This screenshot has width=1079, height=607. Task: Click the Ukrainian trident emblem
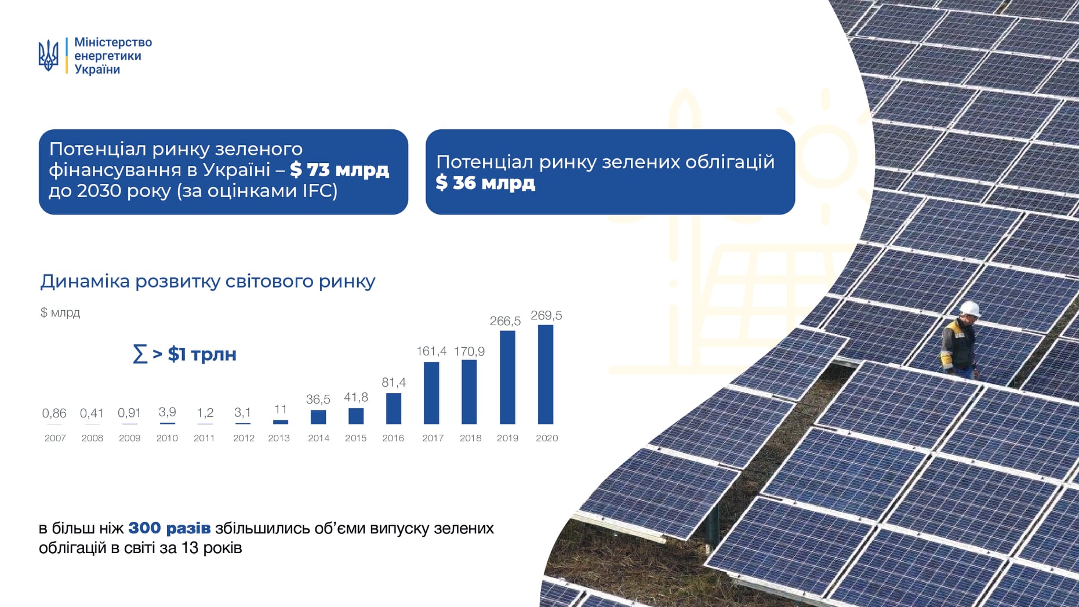[x=48, y=56]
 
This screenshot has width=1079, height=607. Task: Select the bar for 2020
[x=546, y=375]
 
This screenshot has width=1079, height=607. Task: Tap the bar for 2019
[x=507, y=377]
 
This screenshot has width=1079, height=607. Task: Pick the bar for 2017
[x=431, y=393]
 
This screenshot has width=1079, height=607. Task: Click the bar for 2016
[x=394, y=409]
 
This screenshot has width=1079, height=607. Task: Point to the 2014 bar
[x=318, y=417]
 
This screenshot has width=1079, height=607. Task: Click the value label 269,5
[x=546, y=315]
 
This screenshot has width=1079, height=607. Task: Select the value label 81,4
[x=394, y=383]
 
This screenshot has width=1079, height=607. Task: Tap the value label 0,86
[x=54, y=413]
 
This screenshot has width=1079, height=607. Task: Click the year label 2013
[x=279, y=438]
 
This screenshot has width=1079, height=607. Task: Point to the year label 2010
[x=167, y=438]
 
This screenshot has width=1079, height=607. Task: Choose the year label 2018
[x=470, y=438]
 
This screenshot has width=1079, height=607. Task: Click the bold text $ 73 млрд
[x=339, y=170]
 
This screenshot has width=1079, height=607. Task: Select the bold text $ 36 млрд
[x=485, y=183]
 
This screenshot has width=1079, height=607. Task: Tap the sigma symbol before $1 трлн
[x=140, y=354]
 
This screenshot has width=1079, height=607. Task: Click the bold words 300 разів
[x=169, y=528]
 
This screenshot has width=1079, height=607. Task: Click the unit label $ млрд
[x=60, y=312]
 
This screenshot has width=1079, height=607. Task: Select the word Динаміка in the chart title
[x=85, y=281]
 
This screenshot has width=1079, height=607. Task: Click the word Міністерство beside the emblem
[x=113, y=42]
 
